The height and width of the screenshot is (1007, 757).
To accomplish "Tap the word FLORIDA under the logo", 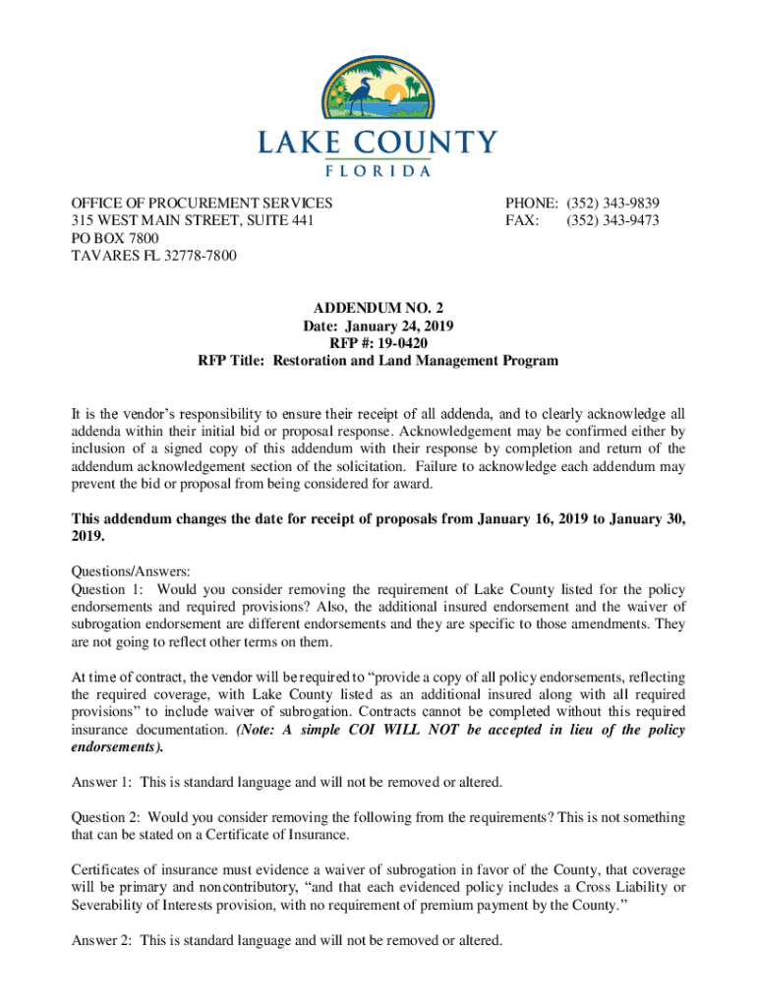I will pos(378,170).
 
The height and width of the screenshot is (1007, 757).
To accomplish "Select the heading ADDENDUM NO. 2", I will pos(378,308).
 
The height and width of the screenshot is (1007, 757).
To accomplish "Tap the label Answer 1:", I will pos(101,782).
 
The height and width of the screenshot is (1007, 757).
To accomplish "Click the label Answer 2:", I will pos(101,939).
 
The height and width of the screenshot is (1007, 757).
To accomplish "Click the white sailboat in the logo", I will pos(393,93).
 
